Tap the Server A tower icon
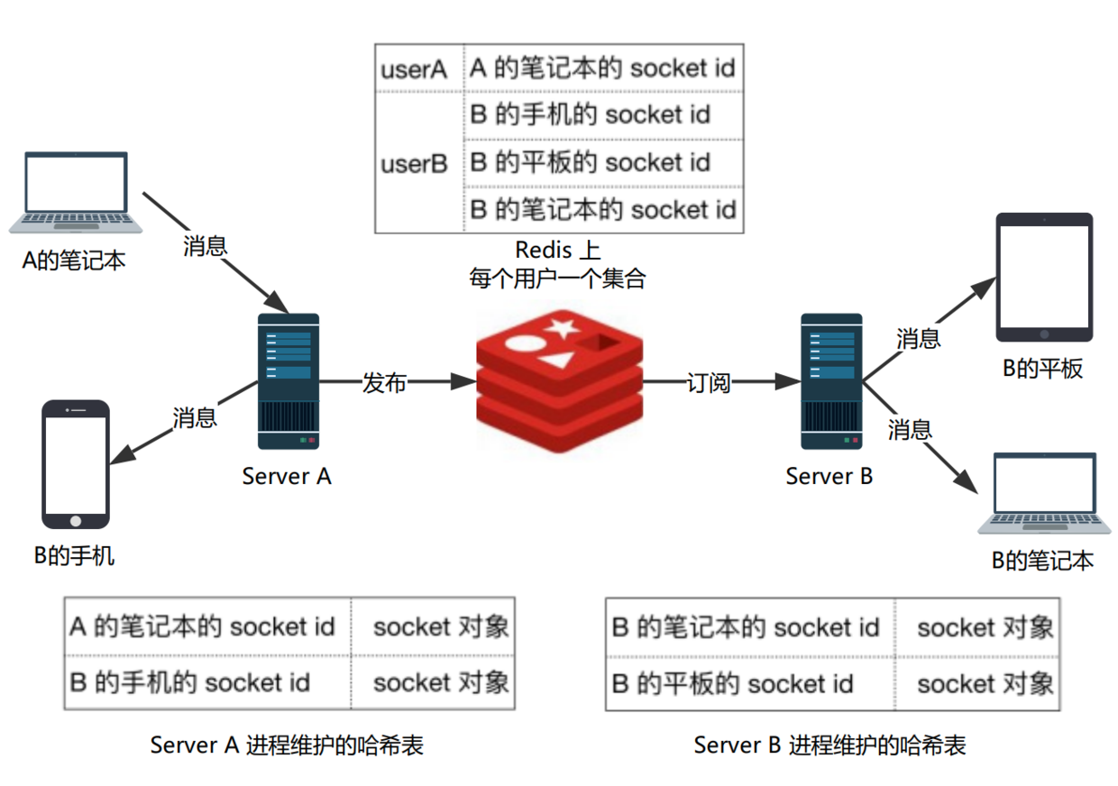pyautogui.click(x=289, y=380)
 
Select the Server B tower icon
pyautogui.click(x=831, y=380)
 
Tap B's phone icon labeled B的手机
pyautogui.click(x=76, y=463)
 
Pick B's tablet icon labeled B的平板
pyautogui.click(x=1044, y=278)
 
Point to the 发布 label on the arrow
pyautogui.click(x=384, y=382)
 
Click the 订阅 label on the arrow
pyautogui.click(x=708, y=382)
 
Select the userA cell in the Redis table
pyautogui.click(x=415, y=69)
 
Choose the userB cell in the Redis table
pyautogui.click(x=415, y=164)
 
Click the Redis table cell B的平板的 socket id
pyautogui.click(x=591, y=162)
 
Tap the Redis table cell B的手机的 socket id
pyautogui.click(x=591, y=114)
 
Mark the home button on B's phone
pyautogui.click(x=76, y=520)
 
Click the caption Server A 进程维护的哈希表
pyautogui.click(x=287, y=745)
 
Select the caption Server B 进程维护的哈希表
pyautogui.click(x=829, y=745)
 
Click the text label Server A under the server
pyautogui.click(x=287, y=476)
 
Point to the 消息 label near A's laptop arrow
pyautogui.click(x=205, y=245)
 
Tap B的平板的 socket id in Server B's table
pyautogui.click(x=732, y=683)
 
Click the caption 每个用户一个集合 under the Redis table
pyautogui.click(x=557, y=279)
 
